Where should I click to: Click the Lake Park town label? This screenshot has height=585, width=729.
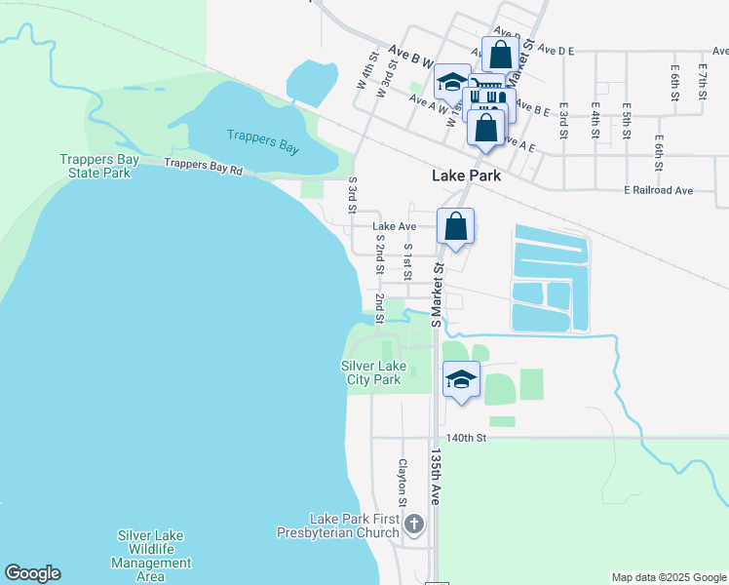(466, 176)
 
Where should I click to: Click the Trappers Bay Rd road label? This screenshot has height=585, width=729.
(203, 168)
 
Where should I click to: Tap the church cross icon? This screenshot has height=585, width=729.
(413, 525)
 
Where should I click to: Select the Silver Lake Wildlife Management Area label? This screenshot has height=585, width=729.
(151, 556)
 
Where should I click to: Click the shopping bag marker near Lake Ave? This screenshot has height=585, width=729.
(455, 227)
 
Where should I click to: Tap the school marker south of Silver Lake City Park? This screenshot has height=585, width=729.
(461, 379)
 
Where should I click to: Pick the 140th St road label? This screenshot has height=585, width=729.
(466, 439)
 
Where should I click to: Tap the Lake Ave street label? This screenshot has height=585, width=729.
(394, 226)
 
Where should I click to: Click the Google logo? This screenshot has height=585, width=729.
(32, 573)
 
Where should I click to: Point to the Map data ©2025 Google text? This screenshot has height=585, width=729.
(668, 577)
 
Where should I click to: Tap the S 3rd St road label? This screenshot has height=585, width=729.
(352, 196)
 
